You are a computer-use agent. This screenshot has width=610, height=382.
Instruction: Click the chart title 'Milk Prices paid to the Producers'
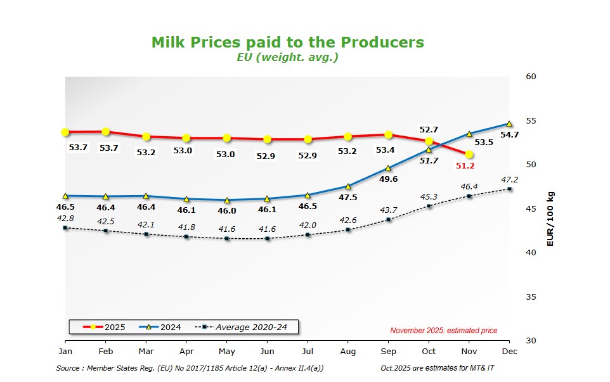pos(287,42)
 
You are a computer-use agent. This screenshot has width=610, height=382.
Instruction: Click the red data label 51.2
pos(465,166)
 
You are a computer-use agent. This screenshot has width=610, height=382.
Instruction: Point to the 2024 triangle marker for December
pos(509,124)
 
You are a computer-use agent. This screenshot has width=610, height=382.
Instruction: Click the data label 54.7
pos(510,134)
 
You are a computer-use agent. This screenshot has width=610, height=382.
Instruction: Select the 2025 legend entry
pos(105,328)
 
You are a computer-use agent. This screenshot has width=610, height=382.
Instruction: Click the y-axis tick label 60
pos(531,77)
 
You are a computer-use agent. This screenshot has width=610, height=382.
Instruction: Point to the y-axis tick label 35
pos(531,296)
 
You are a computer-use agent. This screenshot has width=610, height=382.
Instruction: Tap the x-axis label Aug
pos(348,351)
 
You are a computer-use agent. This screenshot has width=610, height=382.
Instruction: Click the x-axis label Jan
pos(65,351)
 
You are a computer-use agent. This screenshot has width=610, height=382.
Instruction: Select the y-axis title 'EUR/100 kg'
pos(550,219)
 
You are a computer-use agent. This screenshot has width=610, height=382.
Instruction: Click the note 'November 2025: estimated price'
pos(443,331)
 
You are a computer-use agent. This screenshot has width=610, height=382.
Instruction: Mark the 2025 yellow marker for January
pos(65,132)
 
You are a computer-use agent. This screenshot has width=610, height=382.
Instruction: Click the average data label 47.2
pos(510,179)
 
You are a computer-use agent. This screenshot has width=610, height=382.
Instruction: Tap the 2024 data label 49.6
pos(388,179)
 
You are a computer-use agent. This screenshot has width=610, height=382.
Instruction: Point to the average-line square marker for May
pos(227,239)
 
